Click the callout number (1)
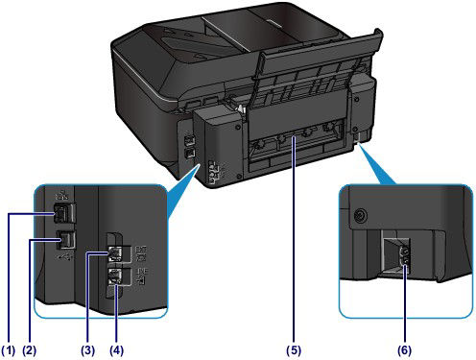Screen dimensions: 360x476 (9, 349)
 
